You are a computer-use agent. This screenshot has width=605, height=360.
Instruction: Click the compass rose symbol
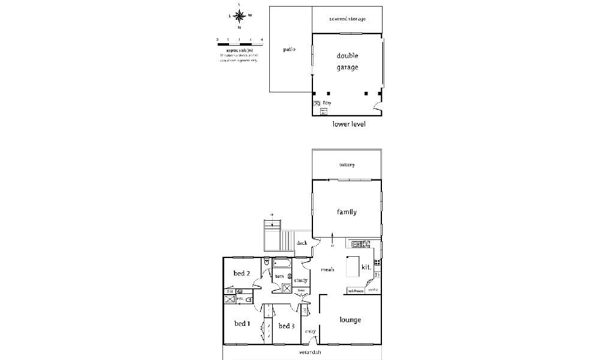240,16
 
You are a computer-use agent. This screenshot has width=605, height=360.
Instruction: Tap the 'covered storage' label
347,19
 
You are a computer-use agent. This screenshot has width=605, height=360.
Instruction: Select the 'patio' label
289,49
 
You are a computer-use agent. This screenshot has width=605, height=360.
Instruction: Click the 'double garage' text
347,61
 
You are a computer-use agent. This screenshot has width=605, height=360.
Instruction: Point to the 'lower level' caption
349,124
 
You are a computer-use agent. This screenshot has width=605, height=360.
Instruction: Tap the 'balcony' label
347,165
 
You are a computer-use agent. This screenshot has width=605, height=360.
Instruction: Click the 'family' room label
347,212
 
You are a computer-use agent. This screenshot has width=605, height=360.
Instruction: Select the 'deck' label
302,243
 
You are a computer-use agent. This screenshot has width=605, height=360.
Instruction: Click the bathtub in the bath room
282,263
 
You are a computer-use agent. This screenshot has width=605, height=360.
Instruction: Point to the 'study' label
301,280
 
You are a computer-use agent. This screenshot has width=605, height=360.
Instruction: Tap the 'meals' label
327,269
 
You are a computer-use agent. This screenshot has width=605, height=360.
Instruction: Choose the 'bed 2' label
241,274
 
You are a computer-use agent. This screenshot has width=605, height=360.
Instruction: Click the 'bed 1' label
241,324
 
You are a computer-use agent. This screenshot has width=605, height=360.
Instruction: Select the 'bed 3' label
287,326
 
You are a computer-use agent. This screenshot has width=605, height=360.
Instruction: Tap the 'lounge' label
350,320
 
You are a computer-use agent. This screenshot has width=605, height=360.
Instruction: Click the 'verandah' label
311,352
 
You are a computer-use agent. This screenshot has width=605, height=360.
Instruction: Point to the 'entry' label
310,331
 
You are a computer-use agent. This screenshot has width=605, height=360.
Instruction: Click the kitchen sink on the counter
357,244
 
